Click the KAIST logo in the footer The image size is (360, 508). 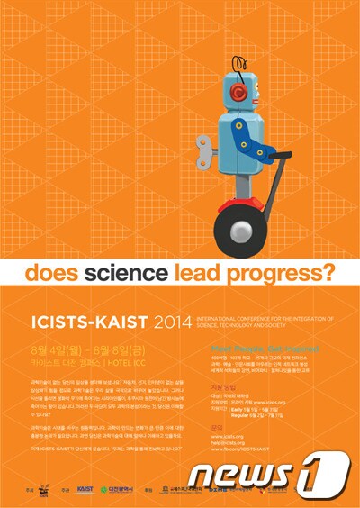tap(85, 488)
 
